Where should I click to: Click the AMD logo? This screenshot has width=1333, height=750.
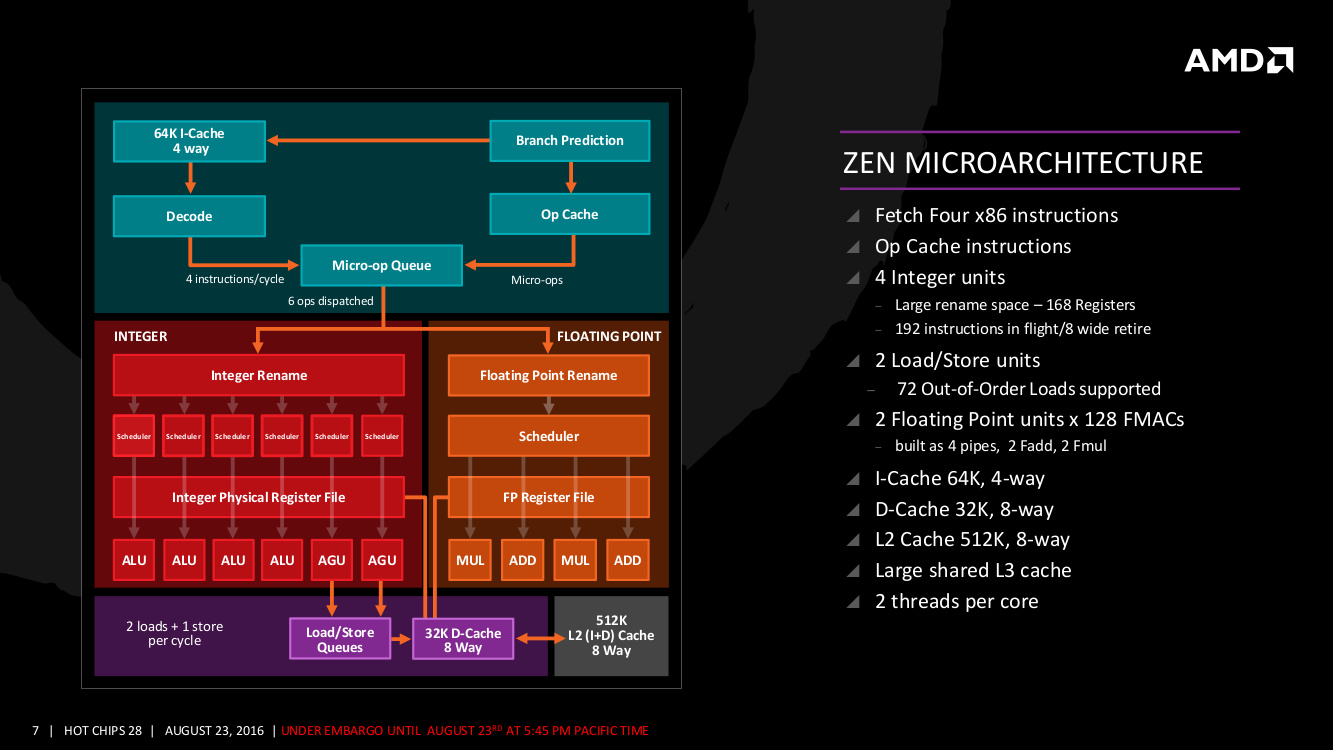click(1238, 60)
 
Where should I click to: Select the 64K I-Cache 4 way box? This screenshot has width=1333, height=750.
click(189, 141)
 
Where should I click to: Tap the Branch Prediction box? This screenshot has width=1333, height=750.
click(570, 141)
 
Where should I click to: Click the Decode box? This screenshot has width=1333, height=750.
click(189, 216)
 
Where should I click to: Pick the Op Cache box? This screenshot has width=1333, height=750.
click(570, 214)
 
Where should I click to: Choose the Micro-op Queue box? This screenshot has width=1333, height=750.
click(382, 265)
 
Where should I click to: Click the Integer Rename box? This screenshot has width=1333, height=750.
click(259, 376)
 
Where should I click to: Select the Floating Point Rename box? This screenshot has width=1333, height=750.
click(549, 376)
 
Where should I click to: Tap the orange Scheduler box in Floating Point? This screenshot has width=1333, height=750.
click(549, 436)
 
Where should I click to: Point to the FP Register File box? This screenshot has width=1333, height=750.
click(549, 497)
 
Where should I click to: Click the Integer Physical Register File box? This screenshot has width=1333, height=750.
click(259, 497)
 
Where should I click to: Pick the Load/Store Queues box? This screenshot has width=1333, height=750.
click(340, 639)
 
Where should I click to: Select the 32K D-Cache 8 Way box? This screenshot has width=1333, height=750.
click(462, 639)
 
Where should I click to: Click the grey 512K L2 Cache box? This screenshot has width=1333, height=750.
click(611, 636)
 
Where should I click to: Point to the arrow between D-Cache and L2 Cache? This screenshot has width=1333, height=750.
click(533, 639)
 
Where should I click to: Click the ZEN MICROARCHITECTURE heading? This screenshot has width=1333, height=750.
click(1023, 162)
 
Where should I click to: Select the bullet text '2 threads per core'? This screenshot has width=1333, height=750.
click(956, 601)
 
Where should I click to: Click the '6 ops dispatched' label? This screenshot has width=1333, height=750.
click(331, 301)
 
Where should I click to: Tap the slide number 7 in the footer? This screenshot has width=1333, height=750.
click(35, 731)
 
